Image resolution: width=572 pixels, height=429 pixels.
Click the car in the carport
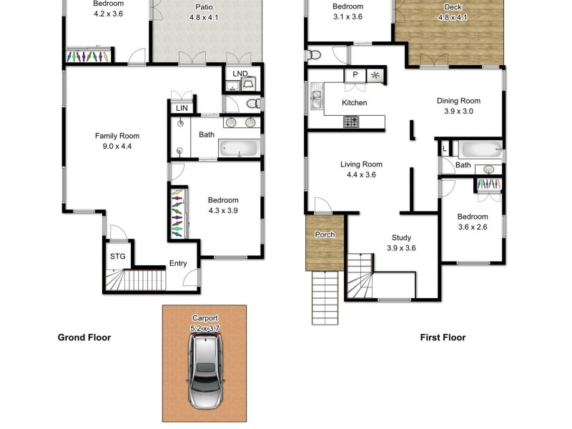(x=204, y=373)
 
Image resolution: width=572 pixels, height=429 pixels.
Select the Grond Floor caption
(x=84, y=337)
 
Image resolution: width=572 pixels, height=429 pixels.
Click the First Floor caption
(x=442, y=337)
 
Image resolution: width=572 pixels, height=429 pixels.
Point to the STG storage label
(x=117, y=256)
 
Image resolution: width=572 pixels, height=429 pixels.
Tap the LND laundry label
(x=240, y=73)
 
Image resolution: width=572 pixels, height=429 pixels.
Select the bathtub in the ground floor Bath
(x=237, y=149)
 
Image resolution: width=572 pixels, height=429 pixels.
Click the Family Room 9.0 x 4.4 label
(x=117, y=141)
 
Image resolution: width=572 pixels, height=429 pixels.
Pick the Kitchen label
(x=354, y=103)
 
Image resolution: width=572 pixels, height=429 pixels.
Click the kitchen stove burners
(x=352, y=123)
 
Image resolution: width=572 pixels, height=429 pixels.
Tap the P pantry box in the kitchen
(x=354, y=75)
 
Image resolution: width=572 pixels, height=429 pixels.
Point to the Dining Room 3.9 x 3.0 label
(x=458, y=106)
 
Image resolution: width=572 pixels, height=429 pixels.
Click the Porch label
(x=325, y=235)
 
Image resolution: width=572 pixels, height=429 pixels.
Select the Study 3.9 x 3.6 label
(x=401, y=243)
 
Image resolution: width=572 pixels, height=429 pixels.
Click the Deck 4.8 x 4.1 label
(x=452, y=12)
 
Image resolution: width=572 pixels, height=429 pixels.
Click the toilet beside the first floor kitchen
(x=315, y=54)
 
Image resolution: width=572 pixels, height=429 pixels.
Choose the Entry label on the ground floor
(x=178, y=263)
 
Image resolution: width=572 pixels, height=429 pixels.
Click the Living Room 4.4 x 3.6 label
(x=361, y=169)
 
